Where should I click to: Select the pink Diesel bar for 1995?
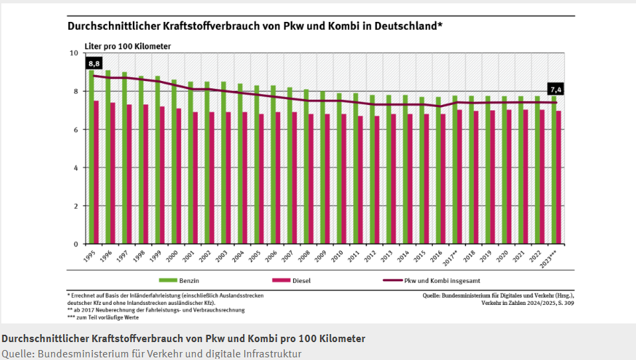(97, 173)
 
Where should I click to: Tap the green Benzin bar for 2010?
(339, 169)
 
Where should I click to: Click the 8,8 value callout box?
(94, 64)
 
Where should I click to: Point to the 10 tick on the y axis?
(74, 53)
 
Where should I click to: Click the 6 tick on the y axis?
(76, 130)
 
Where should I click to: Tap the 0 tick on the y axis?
(76, 244)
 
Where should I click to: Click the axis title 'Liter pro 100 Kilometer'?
(127, 46)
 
